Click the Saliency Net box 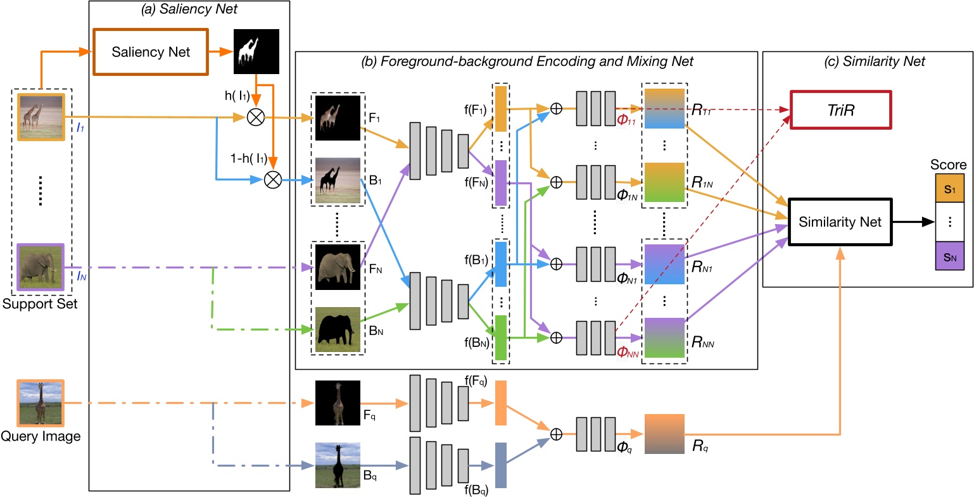click(x=151, y=52)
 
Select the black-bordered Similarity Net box click(x=840, y=222)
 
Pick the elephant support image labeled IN click(x=41, y=267)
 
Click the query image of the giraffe click(x=41, y=403)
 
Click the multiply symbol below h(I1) click(x=257, y=118)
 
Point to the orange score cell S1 click(x=949, y=189)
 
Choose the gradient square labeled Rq click(x=664, y=434)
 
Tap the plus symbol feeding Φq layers click(x=556, y=434)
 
